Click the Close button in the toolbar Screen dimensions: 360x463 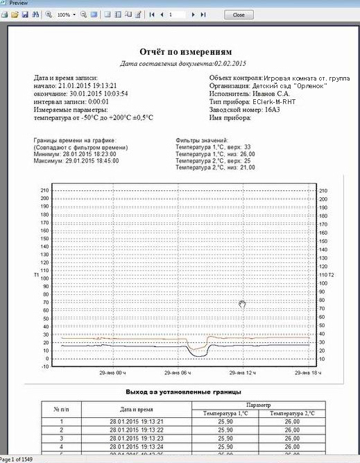239,14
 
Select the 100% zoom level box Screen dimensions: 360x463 63,14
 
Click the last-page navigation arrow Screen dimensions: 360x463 203,14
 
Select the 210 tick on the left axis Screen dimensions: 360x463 44,190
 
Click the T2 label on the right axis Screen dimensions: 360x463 331,276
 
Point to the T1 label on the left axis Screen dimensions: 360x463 37,276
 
